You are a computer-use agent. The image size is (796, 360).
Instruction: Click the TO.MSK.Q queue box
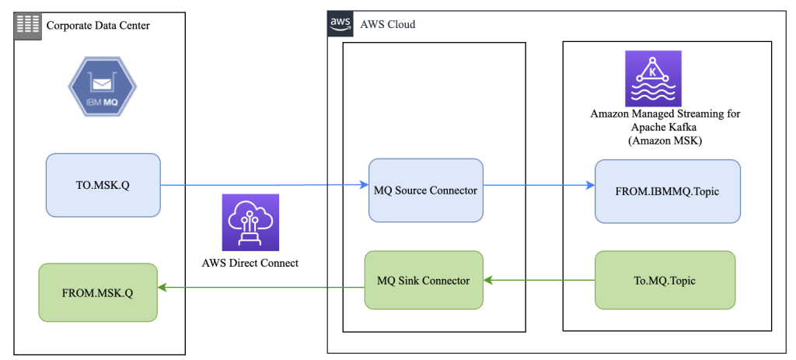tap(103, 184)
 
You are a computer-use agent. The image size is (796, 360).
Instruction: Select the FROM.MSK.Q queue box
tap(98, 292)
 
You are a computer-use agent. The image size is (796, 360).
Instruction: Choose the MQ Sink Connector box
tap(424, 280)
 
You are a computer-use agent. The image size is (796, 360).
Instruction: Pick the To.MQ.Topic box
tap(665, 280)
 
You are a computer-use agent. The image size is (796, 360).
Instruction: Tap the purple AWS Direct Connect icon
tap(245, 222)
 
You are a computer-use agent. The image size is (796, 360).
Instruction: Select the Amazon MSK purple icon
tap(653, 79)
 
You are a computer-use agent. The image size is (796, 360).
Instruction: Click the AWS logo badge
tap(340, 24)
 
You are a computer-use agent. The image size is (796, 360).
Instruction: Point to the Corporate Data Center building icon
tap(27, 26)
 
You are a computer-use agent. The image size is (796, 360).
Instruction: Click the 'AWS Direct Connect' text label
tap(246, 263)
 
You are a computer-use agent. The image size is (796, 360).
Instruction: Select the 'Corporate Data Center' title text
tap(98, 26)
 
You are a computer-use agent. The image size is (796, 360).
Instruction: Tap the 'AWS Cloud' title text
tap(387, 24)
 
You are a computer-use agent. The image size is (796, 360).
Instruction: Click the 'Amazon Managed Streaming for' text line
tap(665, 114)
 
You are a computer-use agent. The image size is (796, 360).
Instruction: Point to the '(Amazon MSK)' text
tap(665, 140)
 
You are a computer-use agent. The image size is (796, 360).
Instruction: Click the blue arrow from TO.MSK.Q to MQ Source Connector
tap(264, 185)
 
